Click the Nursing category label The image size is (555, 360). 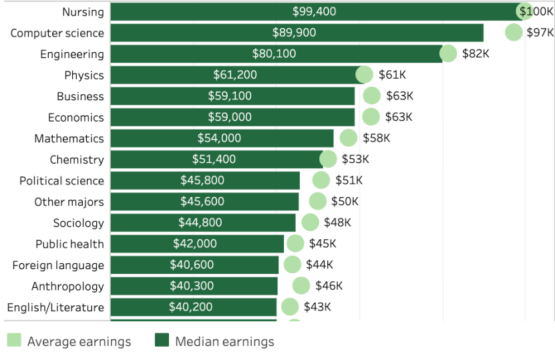[x=83, y=12]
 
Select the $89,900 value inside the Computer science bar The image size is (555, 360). [x=294, y=33]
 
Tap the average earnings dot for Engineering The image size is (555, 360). [x=448, y=54]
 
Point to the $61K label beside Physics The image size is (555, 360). [x=393, y=75]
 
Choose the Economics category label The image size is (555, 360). [x=75, y=118]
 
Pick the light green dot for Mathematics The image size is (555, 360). [x=348, y=138]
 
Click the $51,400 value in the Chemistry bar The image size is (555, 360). [x=214, y=160]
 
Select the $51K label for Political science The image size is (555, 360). [x=349, y=180]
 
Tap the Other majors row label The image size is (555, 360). [x=69, y=202]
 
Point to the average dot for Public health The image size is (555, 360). [x=295, y=244]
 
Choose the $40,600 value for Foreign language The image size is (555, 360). [x=192, y=265]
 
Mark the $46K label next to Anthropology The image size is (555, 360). [x=329, y=286]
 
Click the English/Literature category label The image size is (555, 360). [x=55, y=307]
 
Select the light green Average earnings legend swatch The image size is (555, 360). [x=14, y=341]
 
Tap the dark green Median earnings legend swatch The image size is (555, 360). [x=162, y=341]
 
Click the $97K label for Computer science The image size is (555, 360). [x=540, y=33]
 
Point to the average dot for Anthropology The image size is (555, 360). [x=301, y=286]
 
